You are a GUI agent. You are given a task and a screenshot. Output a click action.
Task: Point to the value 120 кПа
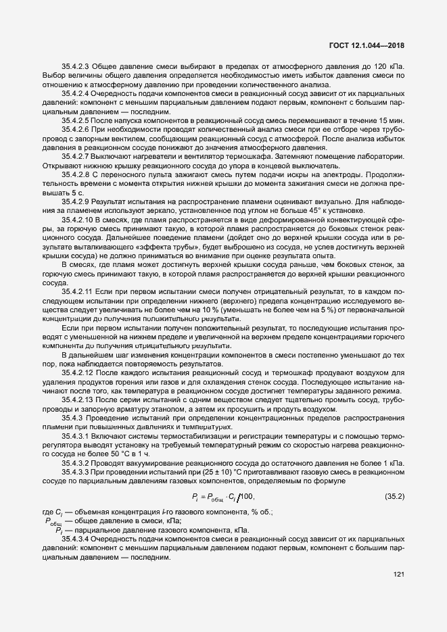(392, 68)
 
